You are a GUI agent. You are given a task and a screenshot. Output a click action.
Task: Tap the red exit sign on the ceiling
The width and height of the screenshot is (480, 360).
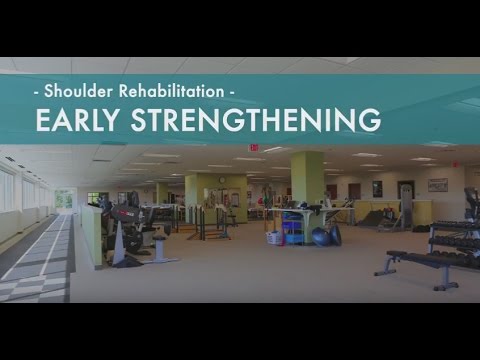pos(253,148)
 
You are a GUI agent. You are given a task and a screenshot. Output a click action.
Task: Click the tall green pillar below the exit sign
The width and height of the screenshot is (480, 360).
pos(306,180)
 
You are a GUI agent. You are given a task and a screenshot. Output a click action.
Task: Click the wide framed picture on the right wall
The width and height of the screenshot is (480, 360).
pos(437,185)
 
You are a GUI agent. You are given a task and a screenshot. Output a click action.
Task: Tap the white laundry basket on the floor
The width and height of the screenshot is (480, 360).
pos(274,238)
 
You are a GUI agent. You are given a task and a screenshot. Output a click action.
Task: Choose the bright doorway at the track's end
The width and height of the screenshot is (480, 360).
pos(64,198)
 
